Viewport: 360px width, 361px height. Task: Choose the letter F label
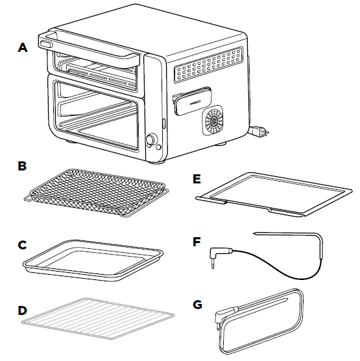click(x=199, y=241)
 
